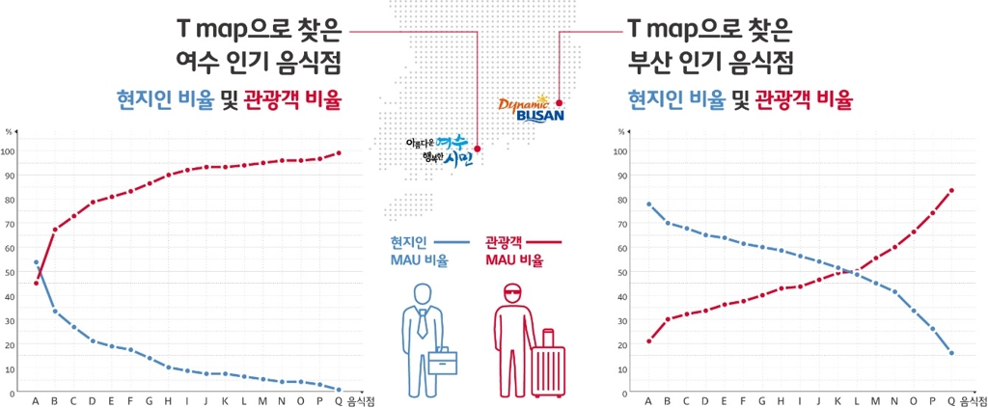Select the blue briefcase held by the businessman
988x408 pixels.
[443, 361]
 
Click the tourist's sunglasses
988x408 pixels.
[512, 293]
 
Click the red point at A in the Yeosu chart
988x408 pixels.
[36, 283]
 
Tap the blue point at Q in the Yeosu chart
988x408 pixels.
[339, 390]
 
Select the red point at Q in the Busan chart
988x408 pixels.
[952, 190]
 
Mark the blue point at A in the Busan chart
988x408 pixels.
[648, 204]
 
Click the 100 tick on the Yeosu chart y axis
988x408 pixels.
[10, 151]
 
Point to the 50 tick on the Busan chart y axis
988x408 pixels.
[621, 272]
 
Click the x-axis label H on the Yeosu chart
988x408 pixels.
[168, 400]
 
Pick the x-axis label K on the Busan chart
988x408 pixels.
[837, 400]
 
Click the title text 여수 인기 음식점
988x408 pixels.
[258, 63]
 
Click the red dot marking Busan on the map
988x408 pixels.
[559, 102]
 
